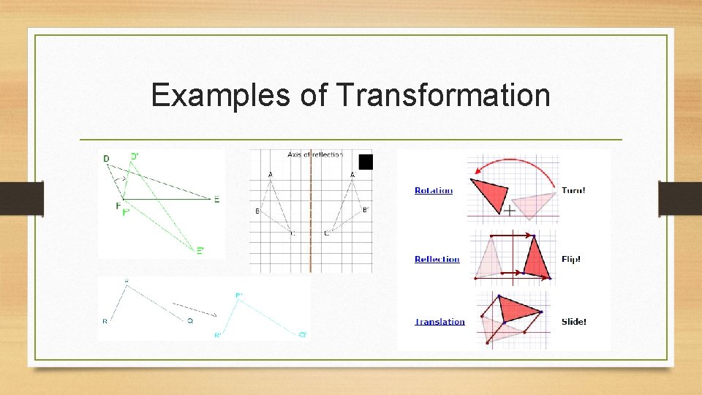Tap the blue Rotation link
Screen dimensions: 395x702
(x=433, y=191)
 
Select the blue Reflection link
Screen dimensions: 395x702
(x=437, y=259)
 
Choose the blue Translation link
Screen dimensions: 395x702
(x=439, y=322)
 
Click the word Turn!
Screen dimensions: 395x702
(x=573, y=191)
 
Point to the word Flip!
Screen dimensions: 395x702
(x=571, y=259)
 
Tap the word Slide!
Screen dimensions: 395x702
(x=573, y=322)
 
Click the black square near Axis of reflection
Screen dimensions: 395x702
(x=366, y=162)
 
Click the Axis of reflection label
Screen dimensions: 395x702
(x=314, y=154)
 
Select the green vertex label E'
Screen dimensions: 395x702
(x=200, y=250)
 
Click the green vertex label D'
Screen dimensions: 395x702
(x=135, y=157)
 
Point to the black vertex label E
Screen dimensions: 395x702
(x=216, y=199)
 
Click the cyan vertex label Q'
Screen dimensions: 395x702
(x=303, y=334)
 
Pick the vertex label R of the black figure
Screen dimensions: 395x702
(x=105, y=321)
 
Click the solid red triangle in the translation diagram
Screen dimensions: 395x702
(x=521, y=310)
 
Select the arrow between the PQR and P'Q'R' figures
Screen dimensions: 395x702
(x=195, y=309)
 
